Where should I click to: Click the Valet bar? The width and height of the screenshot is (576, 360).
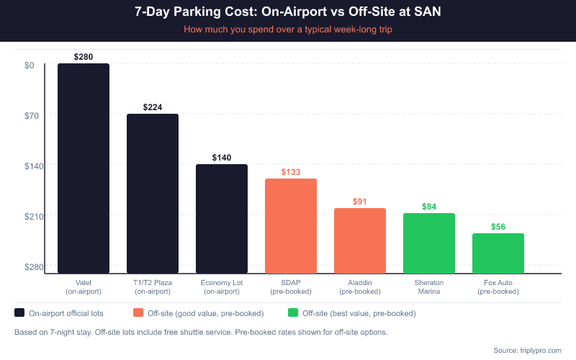(x=84, y=168)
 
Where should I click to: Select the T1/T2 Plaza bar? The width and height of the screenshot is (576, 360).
(x=153, y=194)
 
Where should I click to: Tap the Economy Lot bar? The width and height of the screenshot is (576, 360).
(x=222, y=219)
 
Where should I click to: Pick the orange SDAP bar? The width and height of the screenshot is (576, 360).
(x=291, y=226)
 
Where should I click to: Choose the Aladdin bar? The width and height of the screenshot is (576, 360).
(x=360, y=241)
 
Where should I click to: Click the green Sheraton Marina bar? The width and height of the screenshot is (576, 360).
(x=429, y=243)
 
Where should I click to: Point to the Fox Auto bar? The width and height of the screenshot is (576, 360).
(x=498, y=253)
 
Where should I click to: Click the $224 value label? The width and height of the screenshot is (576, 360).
(x=153, y=107)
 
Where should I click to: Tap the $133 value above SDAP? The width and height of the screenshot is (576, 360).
(x=291, y=172)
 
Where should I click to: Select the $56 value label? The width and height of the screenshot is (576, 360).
(x=498, y=227)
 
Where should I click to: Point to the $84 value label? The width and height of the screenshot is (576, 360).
(x=429, y=207)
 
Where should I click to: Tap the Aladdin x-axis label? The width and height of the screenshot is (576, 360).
(x=360, y=287)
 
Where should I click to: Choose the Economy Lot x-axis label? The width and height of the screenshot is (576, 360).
(x=222, y=287)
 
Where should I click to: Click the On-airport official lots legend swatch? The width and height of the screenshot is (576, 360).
(x=19, y=313)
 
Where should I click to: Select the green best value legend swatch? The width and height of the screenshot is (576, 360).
(x=293, y=313)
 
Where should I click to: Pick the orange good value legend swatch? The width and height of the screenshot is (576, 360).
(x=139, y=313)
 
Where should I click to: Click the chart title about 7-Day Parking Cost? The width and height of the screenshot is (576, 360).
(x=288, y=12)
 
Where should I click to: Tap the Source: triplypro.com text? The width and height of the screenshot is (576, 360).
(x=527, y=350)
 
